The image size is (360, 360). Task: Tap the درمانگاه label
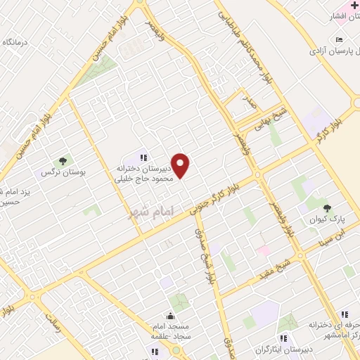coord(16,42)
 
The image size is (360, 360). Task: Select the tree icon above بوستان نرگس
coord(62,161)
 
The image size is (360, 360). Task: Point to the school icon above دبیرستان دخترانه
coord(143,157)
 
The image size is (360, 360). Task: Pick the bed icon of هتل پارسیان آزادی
coord(340,39)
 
